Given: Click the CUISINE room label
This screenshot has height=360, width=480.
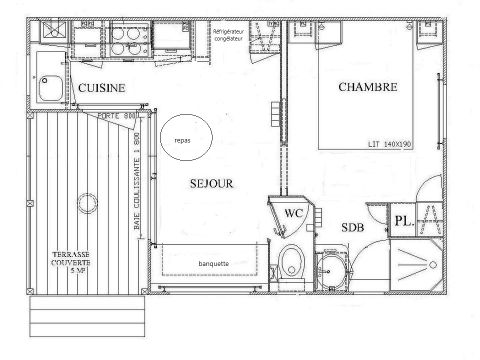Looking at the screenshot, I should click(101, 88).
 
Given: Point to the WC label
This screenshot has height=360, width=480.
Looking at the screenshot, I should click(293, 213).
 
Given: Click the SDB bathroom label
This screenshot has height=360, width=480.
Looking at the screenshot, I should click(351, 227).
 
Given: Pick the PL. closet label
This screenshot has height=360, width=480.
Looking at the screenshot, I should click(400, 221).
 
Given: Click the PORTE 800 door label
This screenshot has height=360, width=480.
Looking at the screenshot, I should click(117, 117).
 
